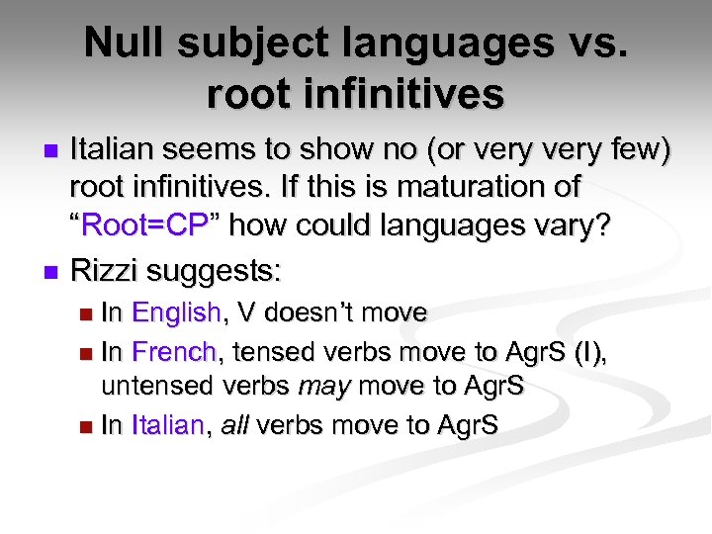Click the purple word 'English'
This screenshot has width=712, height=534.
click(176, 313)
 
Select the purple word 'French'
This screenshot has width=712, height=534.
click(173, 351)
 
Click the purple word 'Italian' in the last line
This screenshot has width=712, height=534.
click(169, 426)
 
